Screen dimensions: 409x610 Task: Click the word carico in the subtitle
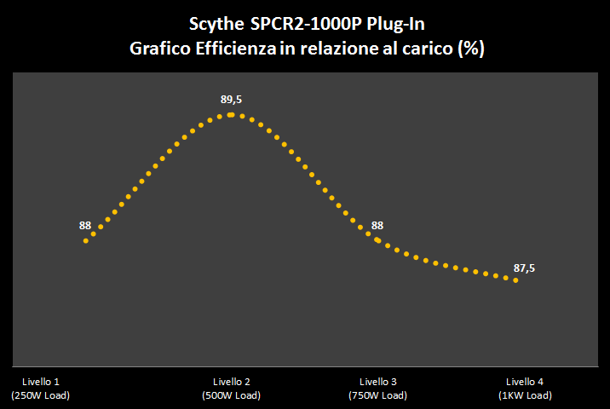427,49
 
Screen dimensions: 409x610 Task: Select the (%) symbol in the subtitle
471,49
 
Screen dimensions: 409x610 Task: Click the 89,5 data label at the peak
231,100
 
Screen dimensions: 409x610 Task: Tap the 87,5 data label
524,268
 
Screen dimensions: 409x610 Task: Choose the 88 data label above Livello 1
85,226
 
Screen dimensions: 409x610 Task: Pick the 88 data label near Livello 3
377,226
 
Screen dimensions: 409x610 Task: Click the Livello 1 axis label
40,382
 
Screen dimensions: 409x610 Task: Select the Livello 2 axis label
231,382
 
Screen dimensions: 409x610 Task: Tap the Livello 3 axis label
378,382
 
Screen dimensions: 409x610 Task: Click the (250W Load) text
40,395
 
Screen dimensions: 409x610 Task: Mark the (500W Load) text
231,395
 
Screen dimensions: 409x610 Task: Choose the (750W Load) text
378,395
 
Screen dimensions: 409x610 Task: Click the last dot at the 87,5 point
515,279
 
